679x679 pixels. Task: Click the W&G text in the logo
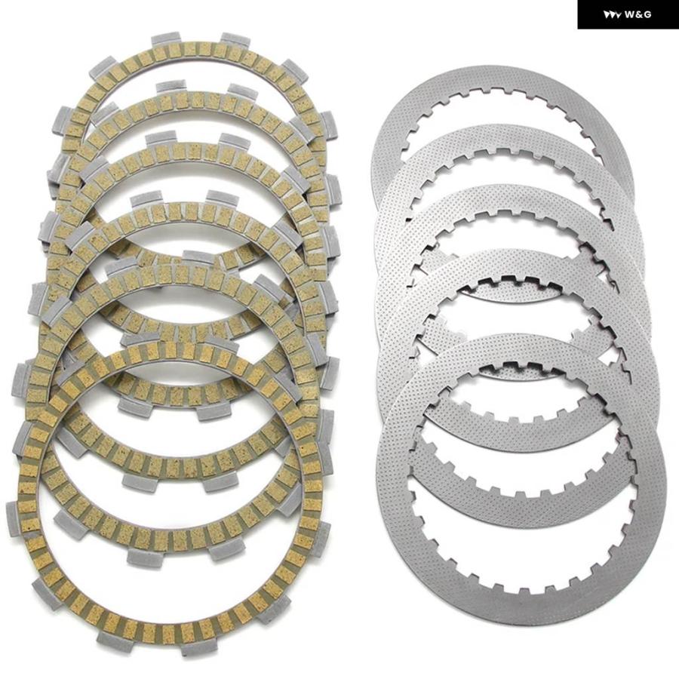(x=638, y=15)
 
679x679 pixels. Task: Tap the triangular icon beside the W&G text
(x=613, y=15)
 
